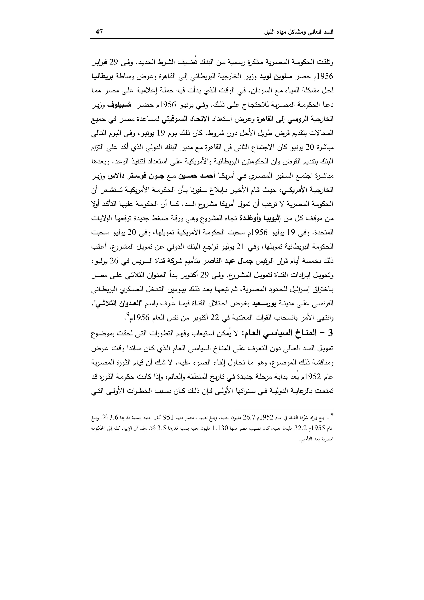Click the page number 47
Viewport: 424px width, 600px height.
99,32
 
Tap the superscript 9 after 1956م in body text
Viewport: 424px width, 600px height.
128,315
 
